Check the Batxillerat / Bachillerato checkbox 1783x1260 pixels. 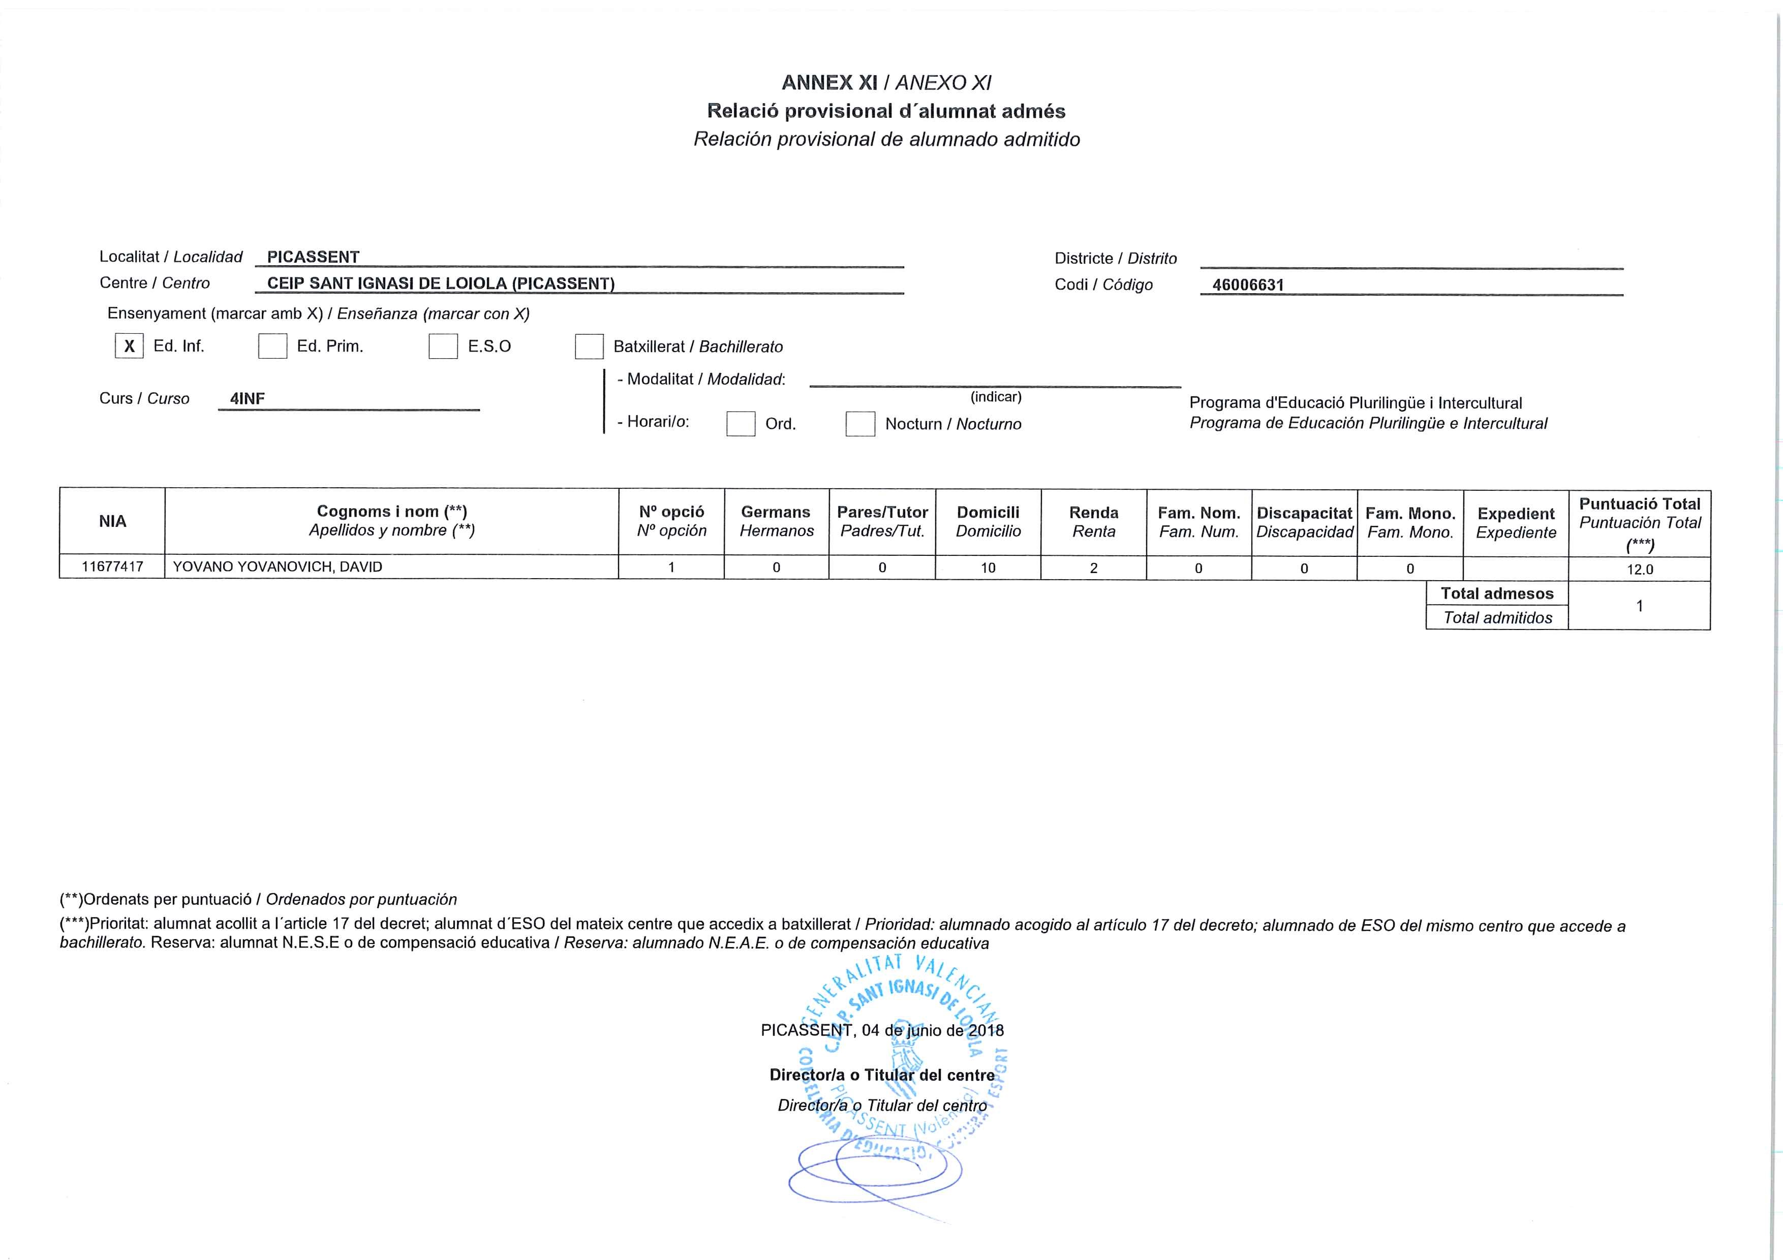pos(589,346)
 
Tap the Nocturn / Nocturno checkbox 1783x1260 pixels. pos(859,424)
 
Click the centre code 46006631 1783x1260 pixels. pos(1248,285)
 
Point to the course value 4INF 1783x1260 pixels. pos(248,399)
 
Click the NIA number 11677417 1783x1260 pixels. pos(113,566)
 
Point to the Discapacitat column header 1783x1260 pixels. pos(1305,522)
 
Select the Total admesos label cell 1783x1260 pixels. pos(1497,594)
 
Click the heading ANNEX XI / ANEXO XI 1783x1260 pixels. pos(886,83)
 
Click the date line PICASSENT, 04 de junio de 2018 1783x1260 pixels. pos(882,1031)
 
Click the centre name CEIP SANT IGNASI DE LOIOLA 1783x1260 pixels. pos(440,283)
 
